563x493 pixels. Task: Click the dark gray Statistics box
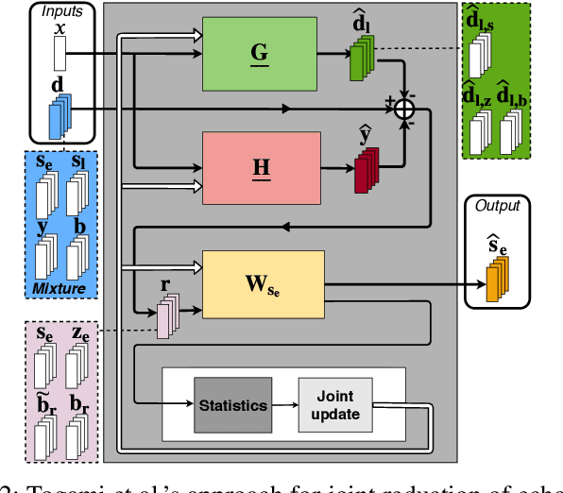tap(232, 405)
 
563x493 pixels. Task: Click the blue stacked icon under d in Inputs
tap(60, 119)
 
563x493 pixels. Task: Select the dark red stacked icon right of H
tap(366, 171)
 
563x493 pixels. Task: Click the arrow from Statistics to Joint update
tap(284, 405)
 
